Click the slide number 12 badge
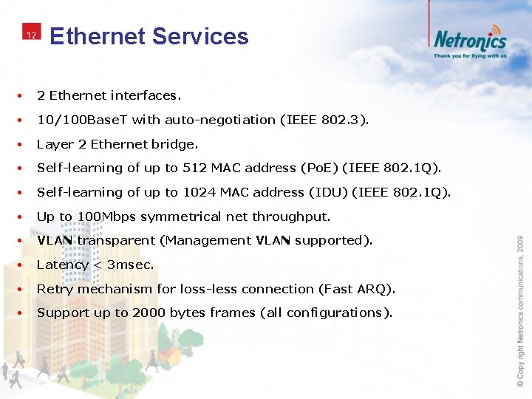pyautogui.click(x=30, y=35)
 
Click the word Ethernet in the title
pyautogui.click(x=97, y=36)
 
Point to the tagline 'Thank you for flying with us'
pyautogui.click(x=470, y=55)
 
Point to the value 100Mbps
pyautogui.click(x=106, y=216)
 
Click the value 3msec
pyautogui.click(x=130, y=265)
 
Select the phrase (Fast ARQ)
pyautogui.click(x=360, y=289)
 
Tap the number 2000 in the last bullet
pyautogui.click(x=150, y=313)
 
